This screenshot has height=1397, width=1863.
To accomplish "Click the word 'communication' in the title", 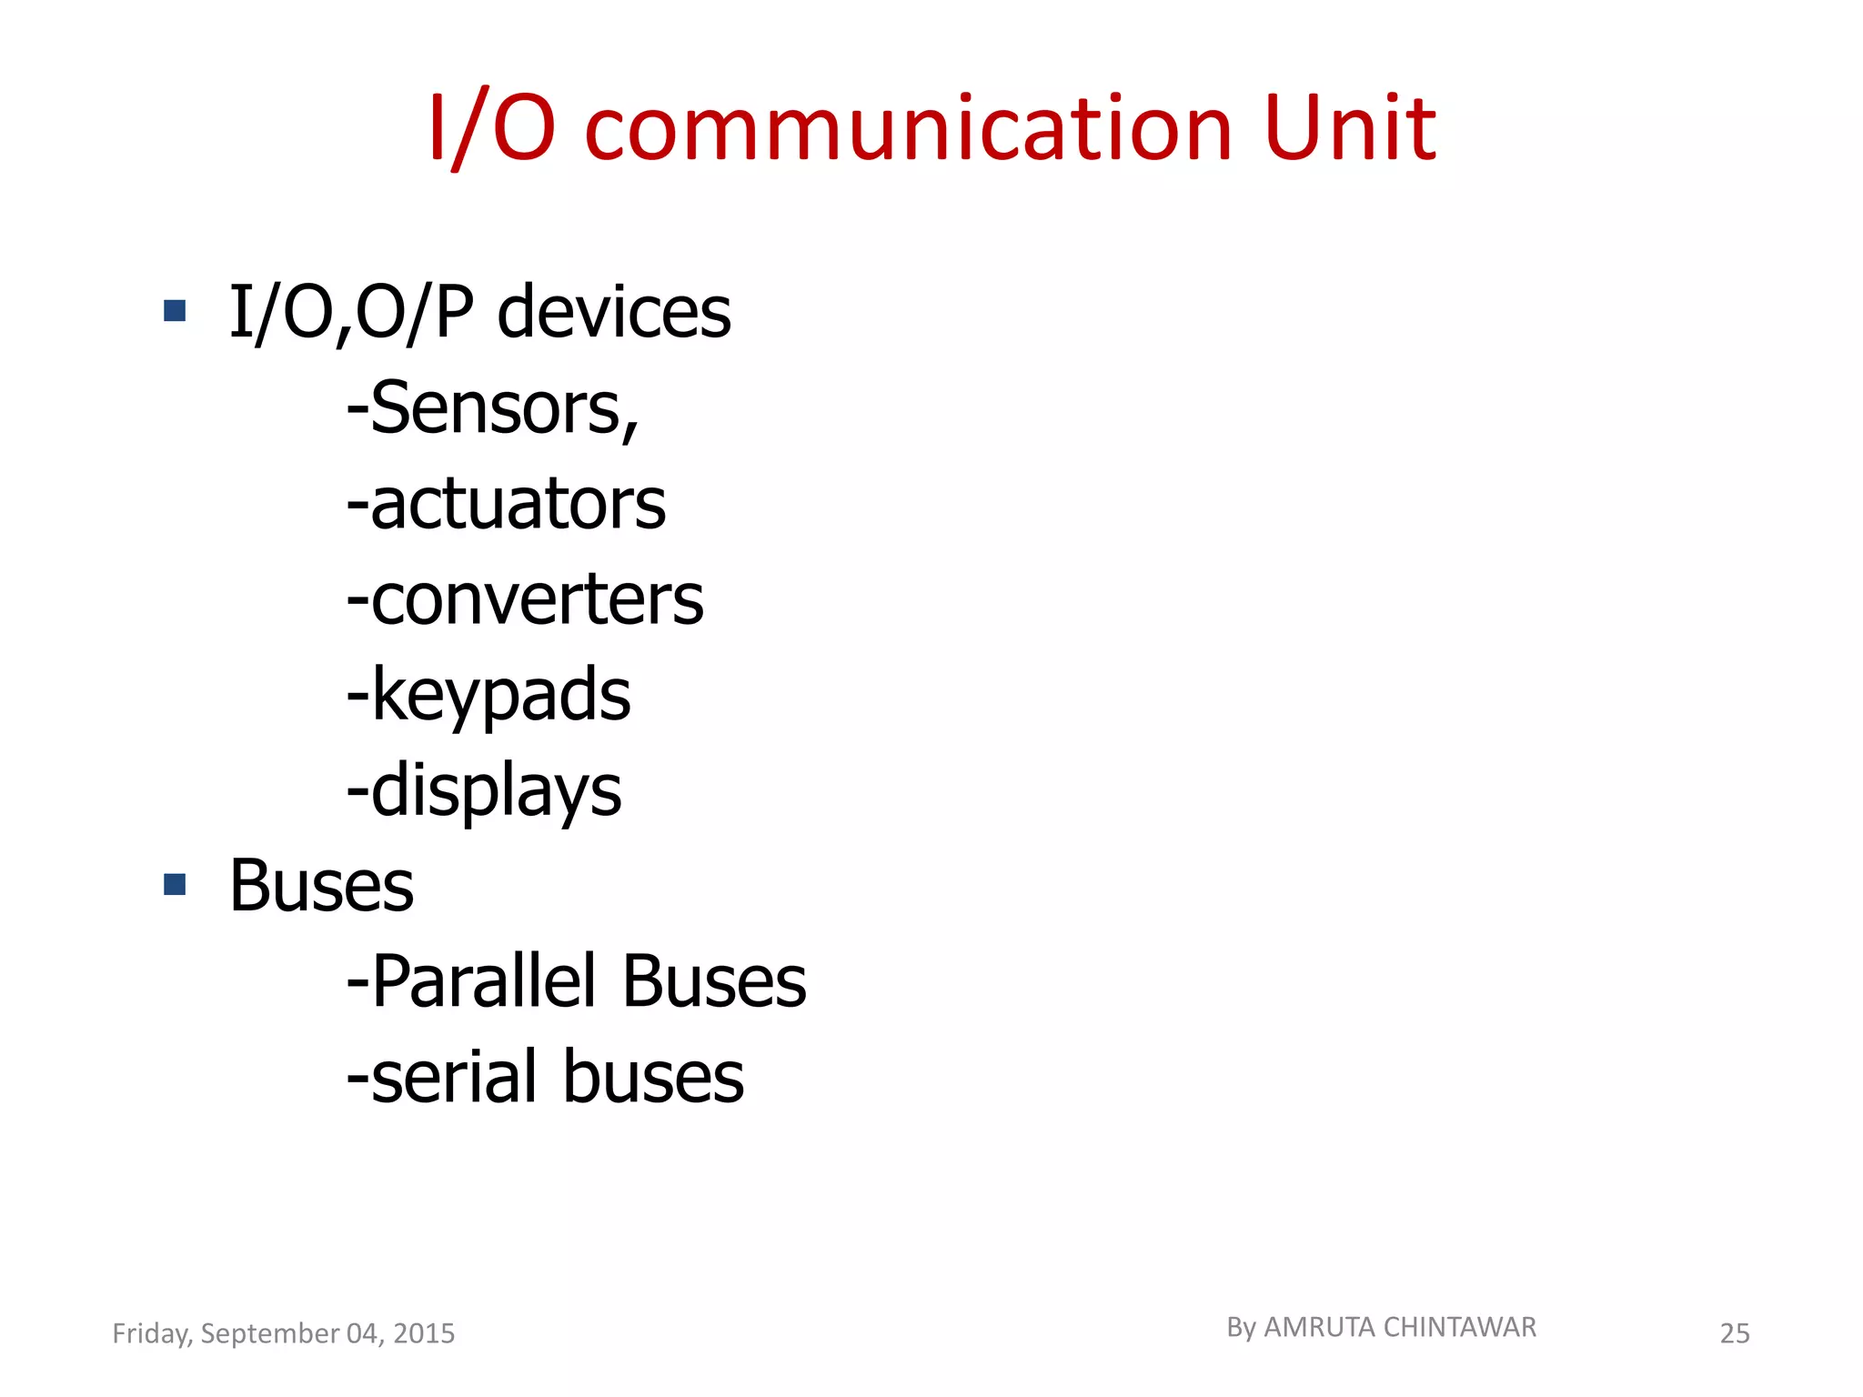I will click(908, 129).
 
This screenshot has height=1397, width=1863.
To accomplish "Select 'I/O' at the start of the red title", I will click(491, 129).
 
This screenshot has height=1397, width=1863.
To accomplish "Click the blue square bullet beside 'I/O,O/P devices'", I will click(175, 311).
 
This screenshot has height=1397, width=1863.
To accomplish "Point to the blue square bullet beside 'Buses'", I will click(175, 884).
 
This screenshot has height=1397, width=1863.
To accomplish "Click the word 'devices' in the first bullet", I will click(614, 312).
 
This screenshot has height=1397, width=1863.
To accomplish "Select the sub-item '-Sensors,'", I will click(493, 408).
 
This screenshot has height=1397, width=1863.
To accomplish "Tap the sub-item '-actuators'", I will click(506, 504).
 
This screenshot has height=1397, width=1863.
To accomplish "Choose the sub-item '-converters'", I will click(525, 599).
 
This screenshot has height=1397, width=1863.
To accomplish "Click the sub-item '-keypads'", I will click(488, 695).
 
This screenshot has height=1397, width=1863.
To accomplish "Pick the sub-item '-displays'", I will click(484, 790).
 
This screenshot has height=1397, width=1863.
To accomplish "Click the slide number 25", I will click(1735, 1333).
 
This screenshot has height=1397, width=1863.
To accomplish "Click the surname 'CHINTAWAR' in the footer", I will click(1459, 1328).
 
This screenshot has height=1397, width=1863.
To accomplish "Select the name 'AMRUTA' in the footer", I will click(1320, 1328).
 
